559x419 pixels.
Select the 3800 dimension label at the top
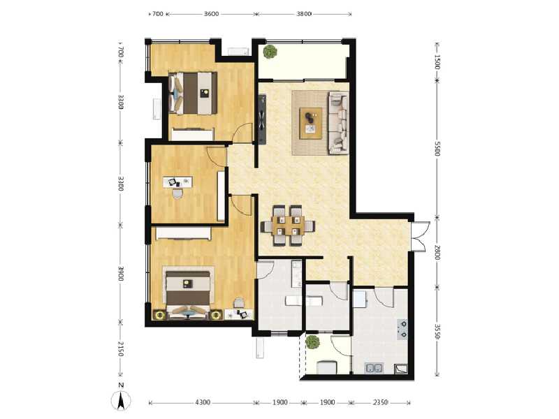point(303,13)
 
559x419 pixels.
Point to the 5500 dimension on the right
point(437,149)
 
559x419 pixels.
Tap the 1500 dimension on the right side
point(437,61)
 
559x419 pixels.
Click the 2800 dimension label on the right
point(437,251)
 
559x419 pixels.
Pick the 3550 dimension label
point(437,330)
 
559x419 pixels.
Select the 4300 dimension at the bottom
point(203,403)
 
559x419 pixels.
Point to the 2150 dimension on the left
point(120,349)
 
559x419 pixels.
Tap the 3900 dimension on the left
point(120,274)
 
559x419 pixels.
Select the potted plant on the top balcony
point(270,52)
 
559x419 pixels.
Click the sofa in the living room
point(338,122)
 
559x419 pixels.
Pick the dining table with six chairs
point(287,226)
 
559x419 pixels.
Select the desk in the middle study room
point(181,182)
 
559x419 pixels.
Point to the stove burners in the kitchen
point(403,329)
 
